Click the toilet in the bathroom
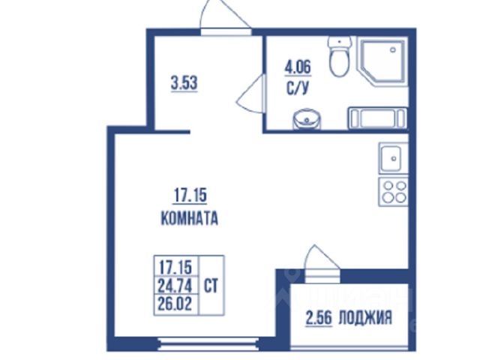pyautogui.click(x=339, y=57)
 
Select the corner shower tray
pyautogui.click(x=382, y=61)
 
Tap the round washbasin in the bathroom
pyautogui.click(x=307, y=119)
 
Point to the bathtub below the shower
pyautogui.click(x=377, y=118)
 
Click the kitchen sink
pyautogui.click(x=393, y=158)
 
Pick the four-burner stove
pyautogui.click(x=393, y=192)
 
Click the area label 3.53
pyautogui.click(x=184, y=83)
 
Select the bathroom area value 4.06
pyautogui.click(x=298, y=67)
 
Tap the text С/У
pyautogui.click(x=297, y=88)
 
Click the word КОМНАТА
pyautogui.click(x=190, y=218)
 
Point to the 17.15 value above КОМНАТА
pyautogui.click(x=190, y=196)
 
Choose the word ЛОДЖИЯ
pyautogui.click(x=365, y=317)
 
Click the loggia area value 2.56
pyautogui.click(x=318, y=318)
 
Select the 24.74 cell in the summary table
pyautogui.click(x=175, y=286)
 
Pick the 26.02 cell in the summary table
pyautogui.click(x=175, y=304)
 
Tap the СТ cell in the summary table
pyautogui.click(x=211, y=286)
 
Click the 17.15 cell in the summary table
pyautogui.click(x=175, y=268)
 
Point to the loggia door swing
pyautogui.click(x=322, y=257)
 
